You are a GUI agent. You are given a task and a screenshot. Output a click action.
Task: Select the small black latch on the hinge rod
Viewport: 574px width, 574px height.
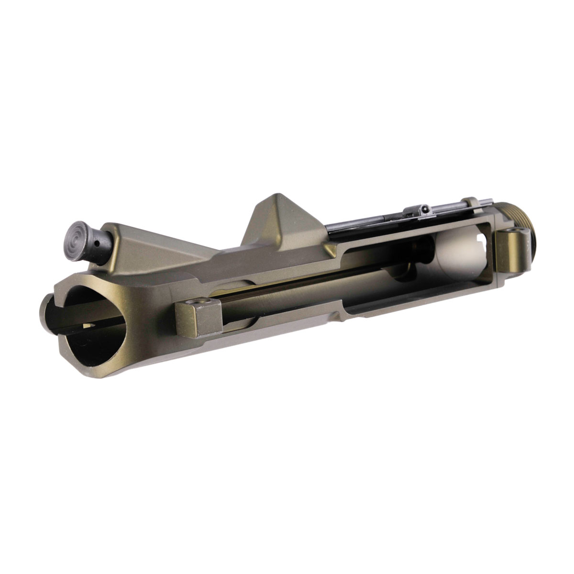pyautogui.click(x=421, y=211)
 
